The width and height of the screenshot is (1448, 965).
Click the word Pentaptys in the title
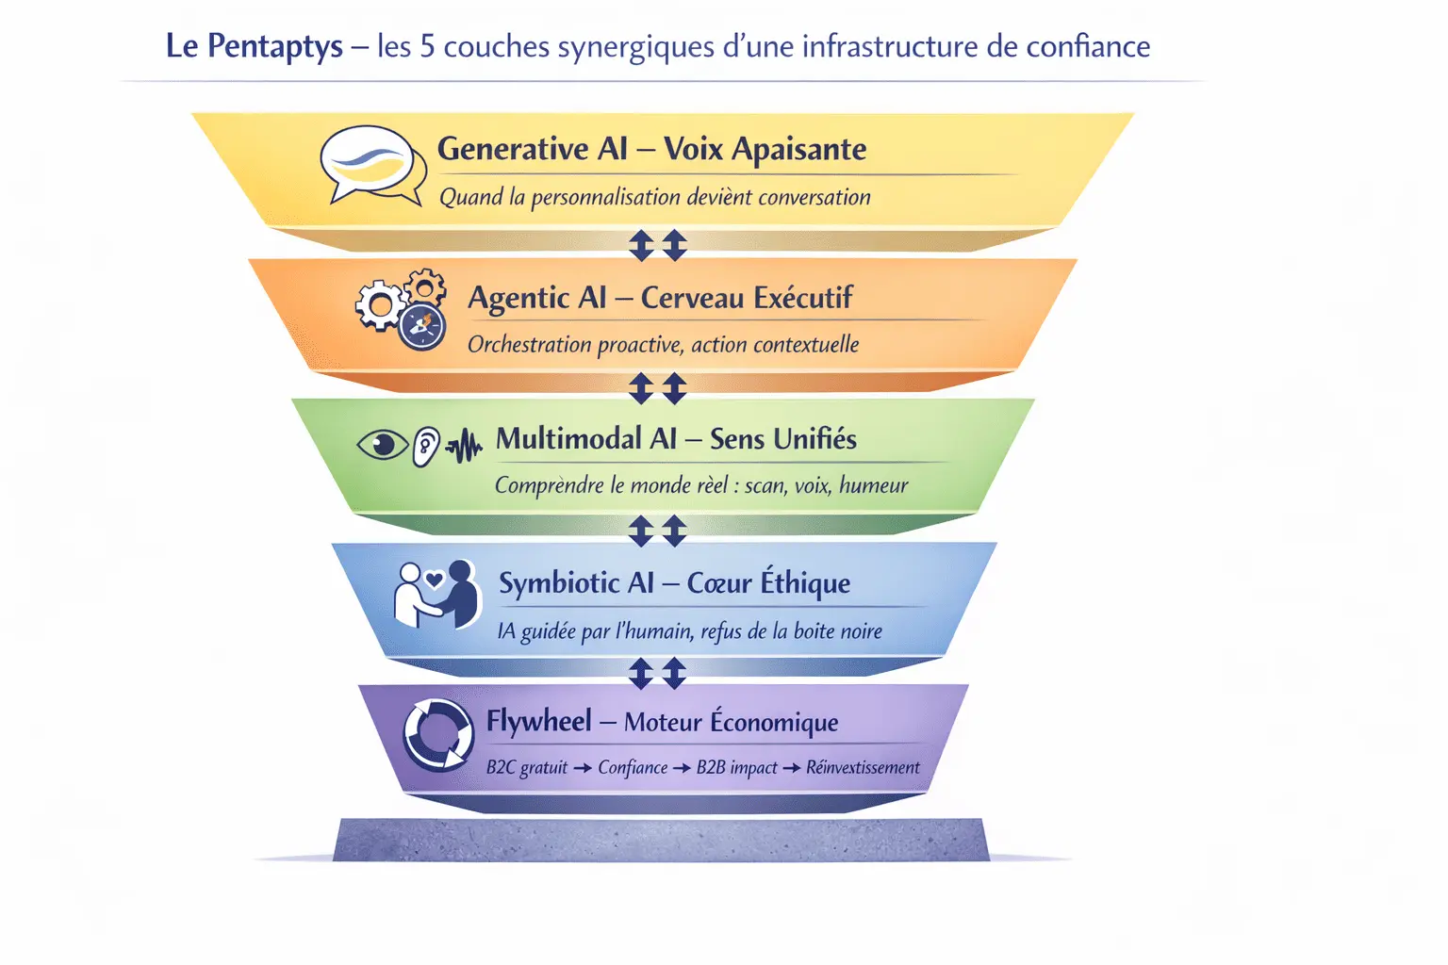pos(274,46)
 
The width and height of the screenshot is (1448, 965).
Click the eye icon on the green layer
pos(382,444)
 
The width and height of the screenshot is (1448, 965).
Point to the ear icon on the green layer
pos(426,446)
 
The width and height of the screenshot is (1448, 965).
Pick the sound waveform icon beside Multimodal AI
pos(464,447)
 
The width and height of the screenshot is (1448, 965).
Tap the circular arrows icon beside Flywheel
pos(438,734)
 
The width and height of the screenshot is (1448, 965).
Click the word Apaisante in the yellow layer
pos(798,150)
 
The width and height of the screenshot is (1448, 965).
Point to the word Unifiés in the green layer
pos(809,439)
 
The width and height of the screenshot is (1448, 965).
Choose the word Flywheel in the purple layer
pos(538,722)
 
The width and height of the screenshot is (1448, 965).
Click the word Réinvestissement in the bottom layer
pos(863,767)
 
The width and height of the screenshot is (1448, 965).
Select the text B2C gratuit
pos(527,767)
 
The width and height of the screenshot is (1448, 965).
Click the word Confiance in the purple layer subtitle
pos(633,767)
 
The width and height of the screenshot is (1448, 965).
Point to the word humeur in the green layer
pos(873,485)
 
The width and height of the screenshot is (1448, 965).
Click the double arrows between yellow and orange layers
pos(658,245)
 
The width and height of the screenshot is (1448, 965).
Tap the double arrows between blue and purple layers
pos(658,673)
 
